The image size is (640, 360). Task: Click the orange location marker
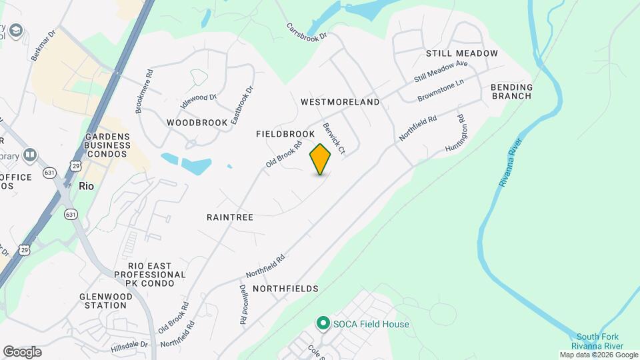tap(321, 159)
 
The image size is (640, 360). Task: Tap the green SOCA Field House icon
tap(323, 323)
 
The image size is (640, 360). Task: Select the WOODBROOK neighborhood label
tap(193, 123)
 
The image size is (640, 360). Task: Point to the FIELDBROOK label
tap(285, 134)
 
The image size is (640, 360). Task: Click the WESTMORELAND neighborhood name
tap(340, 102)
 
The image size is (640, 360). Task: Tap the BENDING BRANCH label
tap(512, 91)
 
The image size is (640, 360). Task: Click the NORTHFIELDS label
tap(285, 289)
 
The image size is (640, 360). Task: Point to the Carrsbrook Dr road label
tap(308, 31)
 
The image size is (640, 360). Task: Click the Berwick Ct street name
tap(333, 138)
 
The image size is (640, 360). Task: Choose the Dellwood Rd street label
tap(243, 305)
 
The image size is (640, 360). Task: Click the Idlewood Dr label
tap(199, 101)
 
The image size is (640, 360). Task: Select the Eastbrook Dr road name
tap(242, 105)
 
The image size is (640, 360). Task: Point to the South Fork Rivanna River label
tap(600, 341)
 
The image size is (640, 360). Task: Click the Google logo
tap(22, 352)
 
